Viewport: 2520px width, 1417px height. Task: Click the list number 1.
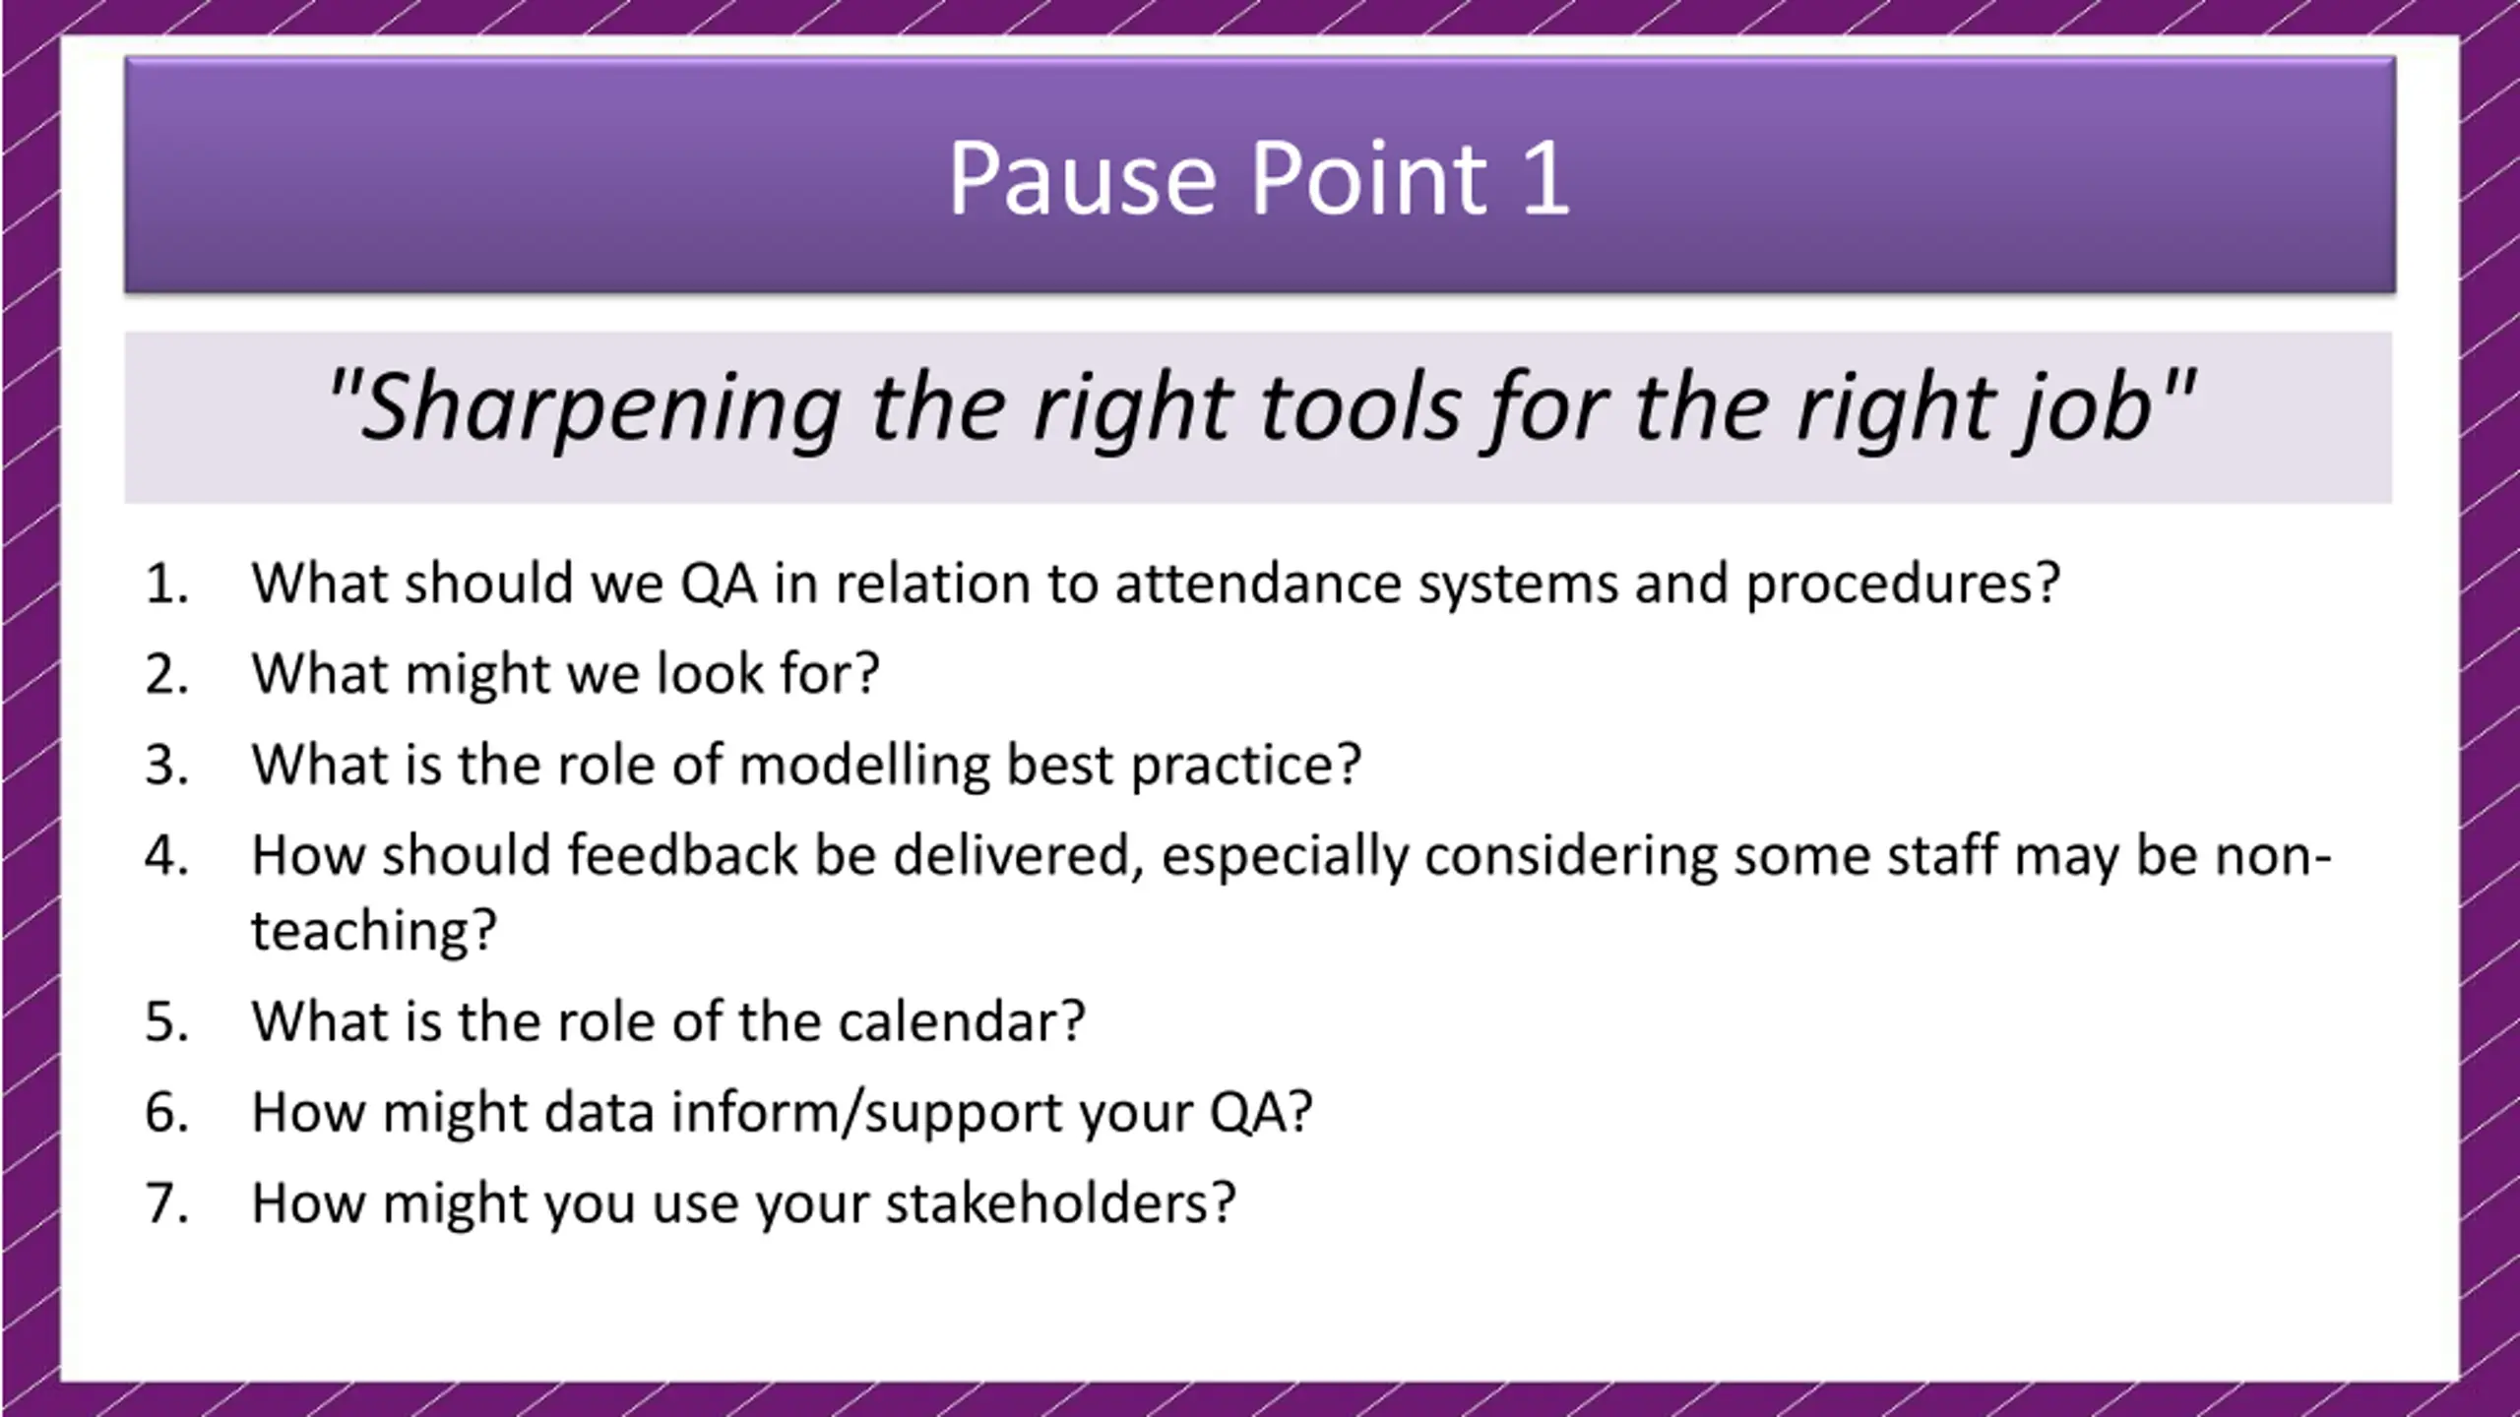pos(166,583)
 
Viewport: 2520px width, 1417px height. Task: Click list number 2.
pos(166,674)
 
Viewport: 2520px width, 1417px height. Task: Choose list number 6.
pos(166,1112)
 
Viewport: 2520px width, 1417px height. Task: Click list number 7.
pos(166,1202)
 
